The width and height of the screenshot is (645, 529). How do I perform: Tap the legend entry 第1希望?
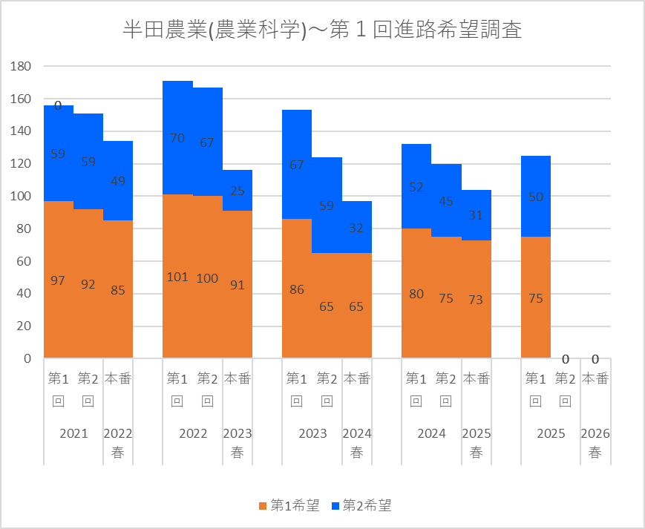(289, 506)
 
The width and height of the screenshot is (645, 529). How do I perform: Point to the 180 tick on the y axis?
(21, 67)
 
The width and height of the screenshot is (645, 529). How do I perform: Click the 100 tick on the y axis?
(21, 197)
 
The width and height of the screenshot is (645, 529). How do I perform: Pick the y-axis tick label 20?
(24, 326)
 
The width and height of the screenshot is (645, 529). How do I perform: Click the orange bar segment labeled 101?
(177, 276)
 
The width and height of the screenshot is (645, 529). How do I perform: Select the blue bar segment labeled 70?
(177, 138)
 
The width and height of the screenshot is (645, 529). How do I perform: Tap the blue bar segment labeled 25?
(238, 191)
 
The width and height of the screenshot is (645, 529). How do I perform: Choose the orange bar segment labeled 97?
(59, 280)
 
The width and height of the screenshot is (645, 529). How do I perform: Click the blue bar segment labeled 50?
(535, 197)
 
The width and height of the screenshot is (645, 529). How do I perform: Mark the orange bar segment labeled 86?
(297, 289)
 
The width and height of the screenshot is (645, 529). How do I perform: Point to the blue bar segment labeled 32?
(356, 227)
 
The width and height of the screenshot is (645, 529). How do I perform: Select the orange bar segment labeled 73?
(476, 299)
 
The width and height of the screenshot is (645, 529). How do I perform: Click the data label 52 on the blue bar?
(416, 187)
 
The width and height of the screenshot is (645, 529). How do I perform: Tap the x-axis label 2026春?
(595, 443)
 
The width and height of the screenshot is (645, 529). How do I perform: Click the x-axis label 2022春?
(118, 443)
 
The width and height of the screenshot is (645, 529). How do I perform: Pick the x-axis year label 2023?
(312, 434)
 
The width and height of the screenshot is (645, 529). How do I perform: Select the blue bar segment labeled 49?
(118, 180)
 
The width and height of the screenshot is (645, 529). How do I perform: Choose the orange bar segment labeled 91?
(238, 284)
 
